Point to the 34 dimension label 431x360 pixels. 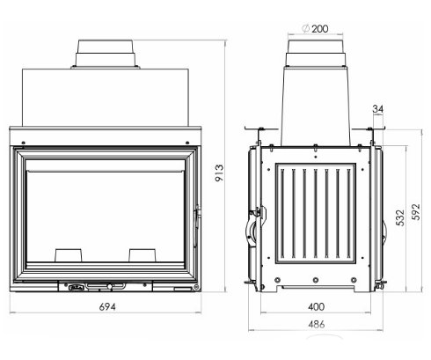pyautogui.click(x=379, y=109)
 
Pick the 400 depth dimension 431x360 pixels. pyautogui.click(x=318, y=308)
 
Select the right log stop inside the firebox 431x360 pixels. pyautogui.click(x=142, y=253)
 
